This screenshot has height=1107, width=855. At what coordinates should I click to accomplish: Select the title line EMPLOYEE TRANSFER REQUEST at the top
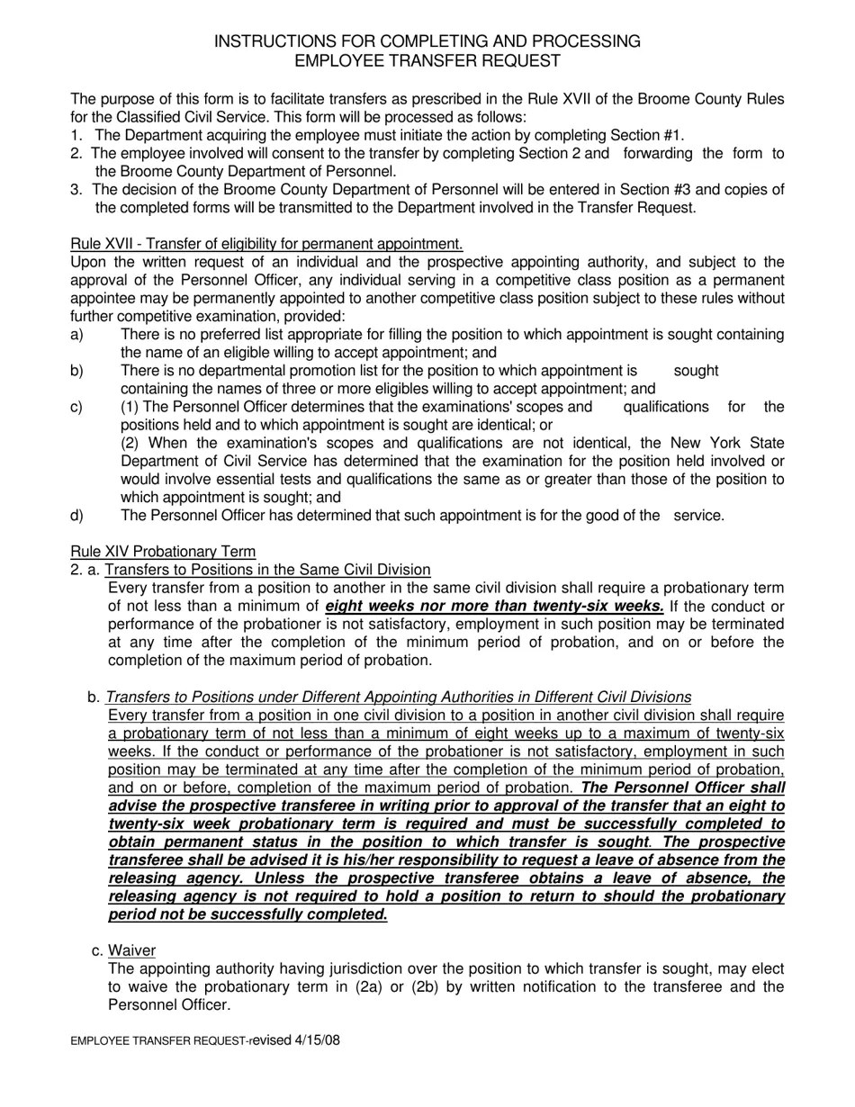[x=427, y=61]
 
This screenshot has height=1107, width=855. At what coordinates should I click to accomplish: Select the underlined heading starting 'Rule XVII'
[x=266, y=244]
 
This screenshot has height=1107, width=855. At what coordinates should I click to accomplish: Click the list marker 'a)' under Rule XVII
[x=76, y=335]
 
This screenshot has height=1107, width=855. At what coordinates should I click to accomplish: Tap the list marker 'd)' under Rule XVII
[x=76, y=516]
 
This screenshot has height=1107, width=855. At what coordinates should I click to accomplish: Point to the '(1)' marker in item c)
[x=130, y=407]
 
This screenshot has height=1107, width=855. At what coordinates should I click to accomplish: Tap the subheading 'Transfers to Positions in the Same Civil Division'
[x=267, y=570]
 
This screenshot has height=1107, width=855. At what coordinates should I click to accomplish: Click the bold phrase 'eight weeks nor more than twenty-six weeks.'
[x=494, y=607]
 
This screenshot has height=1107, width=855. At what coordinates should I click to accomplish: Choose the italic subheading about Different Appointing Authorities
[x=398, y=697]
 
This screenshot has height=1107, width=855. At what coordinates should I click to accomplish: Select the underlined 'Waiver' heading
[x=131, y=951]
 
